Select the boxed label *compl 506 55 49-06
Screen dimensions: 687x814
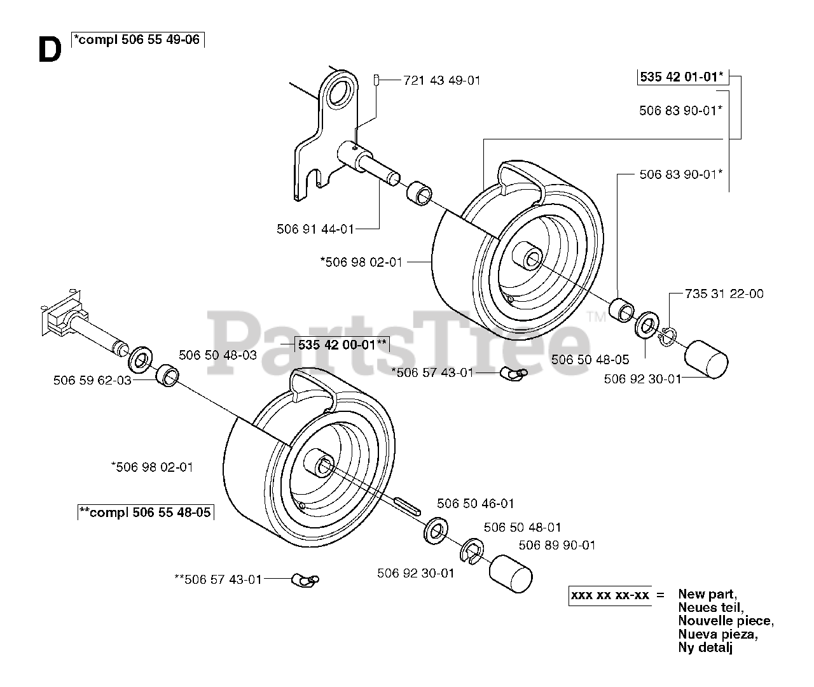click(x=137, y=39)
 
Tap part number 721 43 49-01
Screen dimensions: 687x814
click(x=442, y=80)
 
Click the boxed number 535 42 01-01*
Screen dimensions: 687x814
click(x=681, y=77)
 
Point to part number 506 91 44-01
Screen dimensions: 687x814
click(x=315, y=229)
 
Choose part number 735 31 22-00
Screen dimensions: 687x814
click(x=724, y=294)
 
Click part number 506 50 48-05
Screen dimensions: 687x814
click(x=590, y=360)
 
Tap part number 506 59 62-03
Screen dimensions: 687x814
click(x=92, y=380)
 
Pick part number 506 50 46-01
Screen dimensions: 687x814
click(x=476, y=504)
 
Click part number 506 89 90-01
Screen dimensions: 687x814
click(x=557, y=545)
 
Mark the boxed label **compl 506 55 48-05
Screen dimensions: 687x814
click(x=145, y=512)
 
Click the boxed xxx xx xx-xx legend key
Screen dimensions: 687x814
click(x=610, y=595)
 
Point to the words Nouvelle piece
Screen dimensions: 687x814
click(x=725, y=621)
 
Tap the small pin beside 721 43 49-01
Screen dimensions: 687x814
click(x=376, y=80)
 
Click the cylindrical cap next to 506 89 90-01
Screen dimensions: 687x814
click(x=510, y=570)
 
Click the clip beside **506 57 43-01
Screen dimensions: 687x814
click(x=305, y=579)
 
